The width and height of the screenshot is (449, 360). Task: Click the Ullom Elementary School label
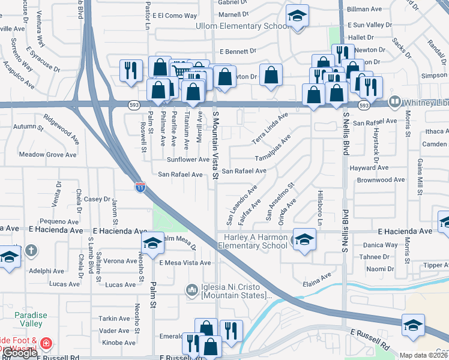point(243,26)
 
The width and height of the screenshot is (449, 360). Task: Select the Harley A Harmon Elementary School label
point(252,241)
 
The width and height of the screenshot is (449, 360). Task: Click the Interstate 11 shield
point(139,187)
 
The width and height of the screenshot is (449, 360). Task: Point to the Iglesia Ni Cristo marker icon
point(192,290)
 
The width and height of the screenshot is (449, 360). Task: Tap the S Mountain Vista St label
point(214,144)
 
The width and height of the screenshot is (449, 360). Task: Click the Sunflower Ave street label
point(188,160)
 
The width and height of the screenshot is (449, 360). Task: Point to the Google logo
point(19,353)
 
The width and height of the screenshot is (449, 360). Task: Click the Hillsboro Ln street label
point(320,205)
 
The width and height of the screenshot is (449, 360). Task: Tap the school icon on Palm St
point(152,242)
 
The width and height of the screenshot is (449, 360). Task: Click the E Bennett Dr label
point(238,52)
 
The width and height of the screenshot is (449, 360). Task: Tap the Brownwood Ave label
point(381,179)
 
